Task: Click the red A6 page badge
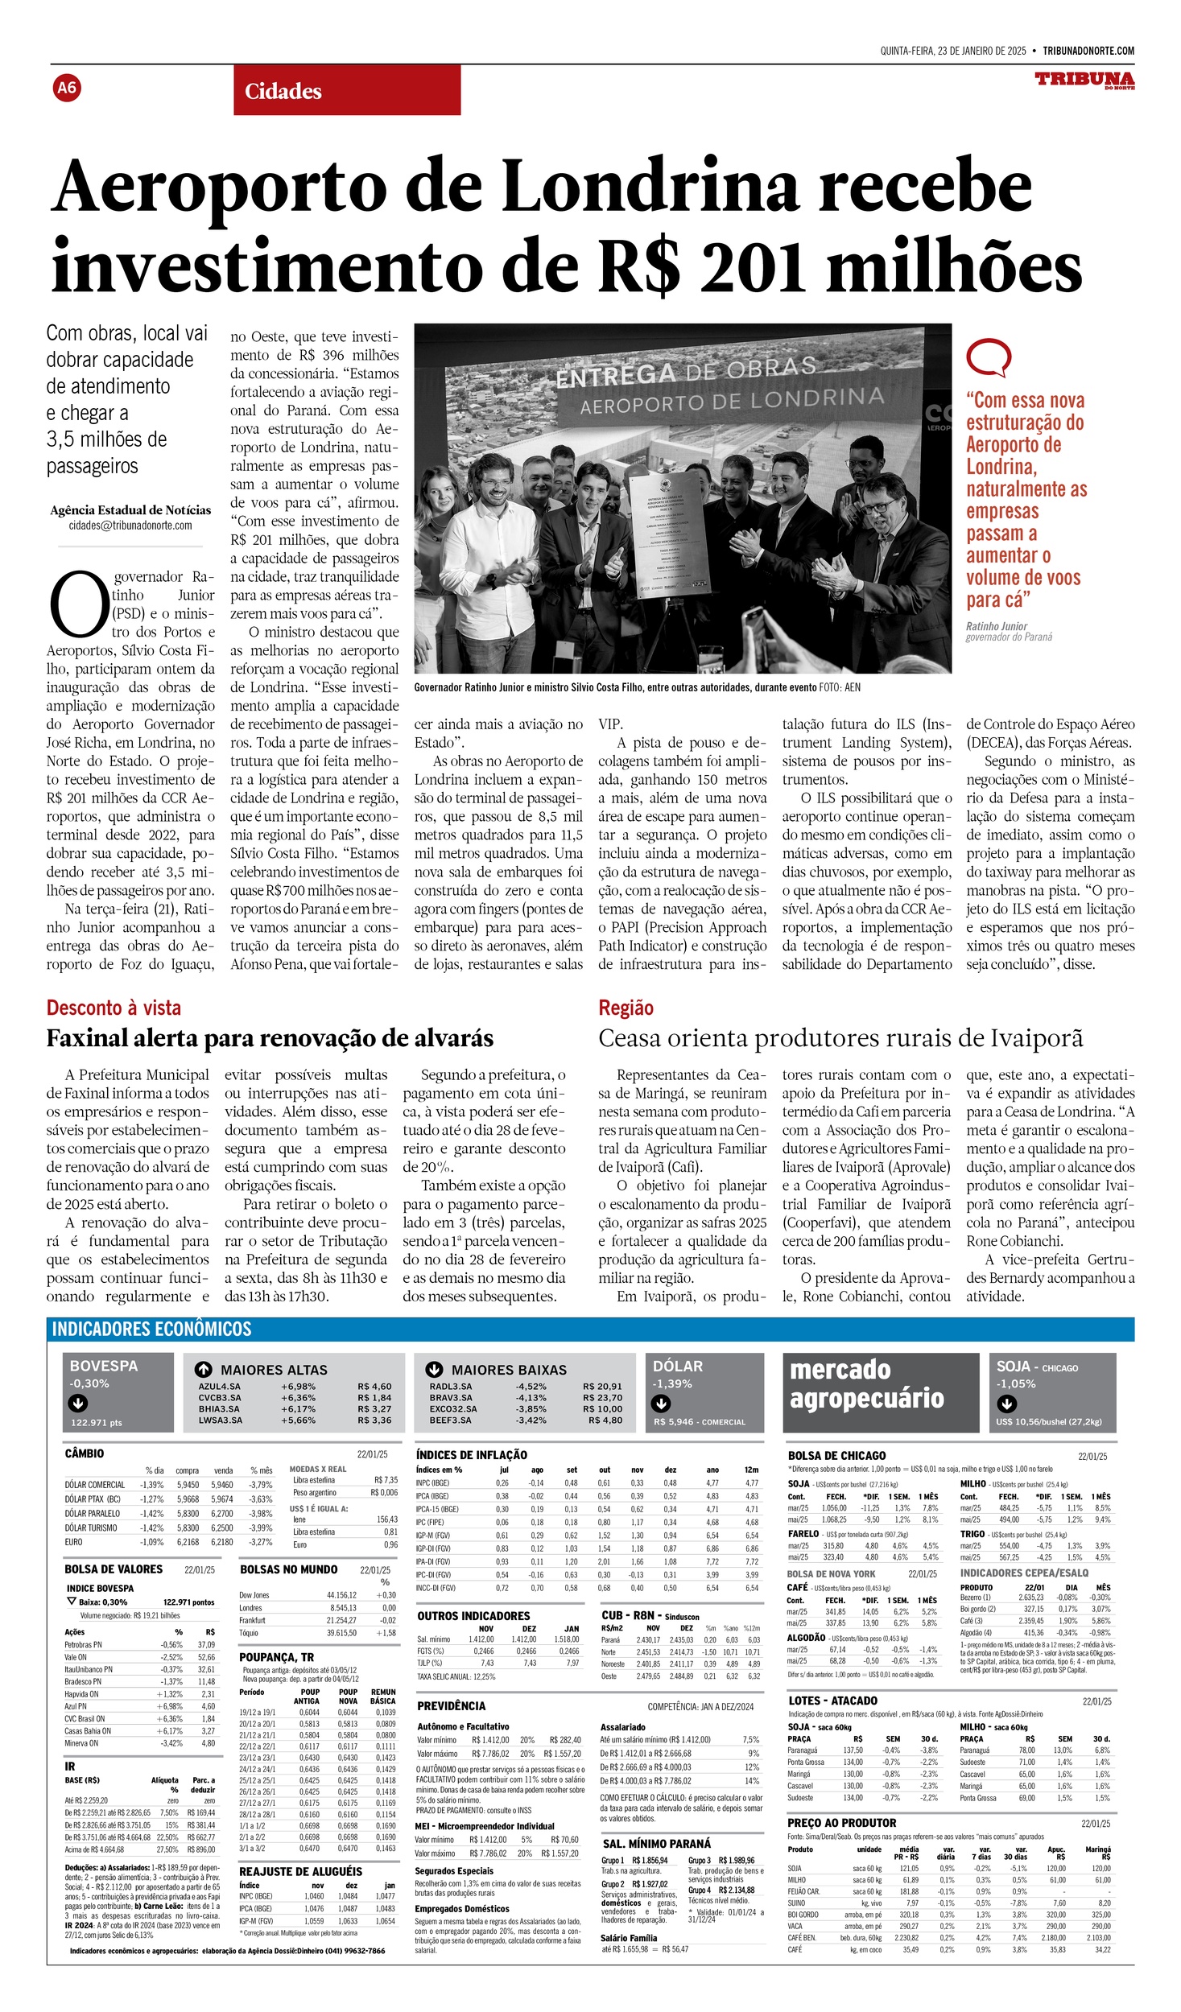pos(67,87)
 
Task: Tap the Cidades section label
pos(283,91)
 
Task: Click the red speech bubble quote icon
pos(988,357)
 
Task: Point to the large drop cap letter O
pos(78,604)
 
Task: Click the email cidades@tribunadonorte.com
pos(130,526)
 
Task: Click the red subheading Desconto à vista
pos(114,1008)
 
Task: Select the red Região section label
pos(626,1008)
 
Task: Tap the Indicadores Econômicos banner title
pos(151,1329)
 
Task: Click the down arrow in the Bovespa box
pos(78,1403)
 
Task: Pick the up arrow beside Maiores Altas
pos(204,1369)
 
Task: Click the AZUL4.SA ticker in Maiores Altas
pos(219,1386)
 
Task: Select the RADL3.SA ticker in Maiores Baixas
pos(451,1386)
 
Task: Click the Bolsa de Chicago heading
pos(836,1455)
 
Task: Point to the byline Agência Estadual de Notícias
pos(130,510)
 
